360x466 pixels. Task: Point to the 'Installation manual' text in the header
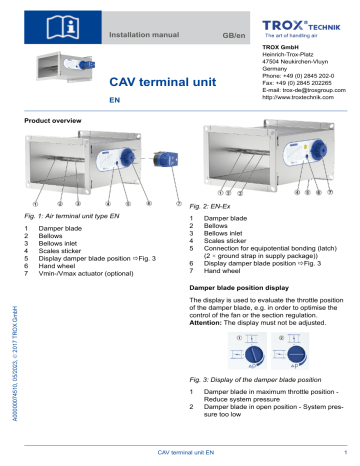(x=151, y=34)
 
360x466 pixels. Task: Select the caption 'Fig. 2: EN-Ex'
(x=219, y=204)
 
